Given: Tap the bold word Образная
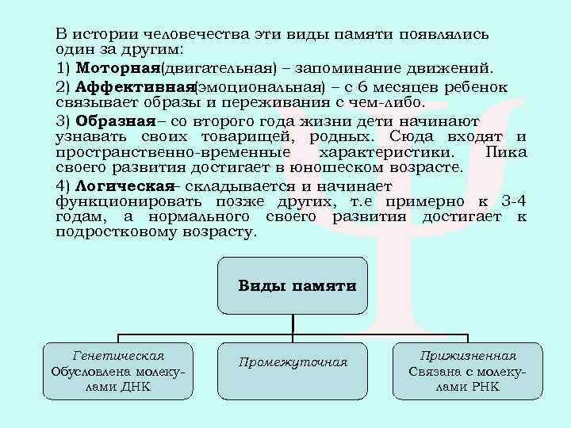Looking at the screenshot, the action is coord(115,121).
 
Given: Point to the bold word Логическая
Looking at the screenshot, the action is coord(125,185).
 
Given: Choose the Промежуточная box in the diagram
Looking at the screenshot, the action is coord(293,362).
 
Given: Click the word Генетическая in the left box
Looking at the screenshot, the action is coord(119,355).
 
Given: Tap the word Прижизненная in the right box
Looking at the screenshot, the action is coord(468,355).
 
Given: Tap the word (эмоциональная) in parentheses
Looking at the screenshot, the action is coord(260,86).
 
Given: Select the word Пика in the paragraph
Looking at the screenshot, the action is coord(505,152).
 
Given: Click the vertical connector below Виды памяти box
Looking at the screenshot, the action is coord(293,322).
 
